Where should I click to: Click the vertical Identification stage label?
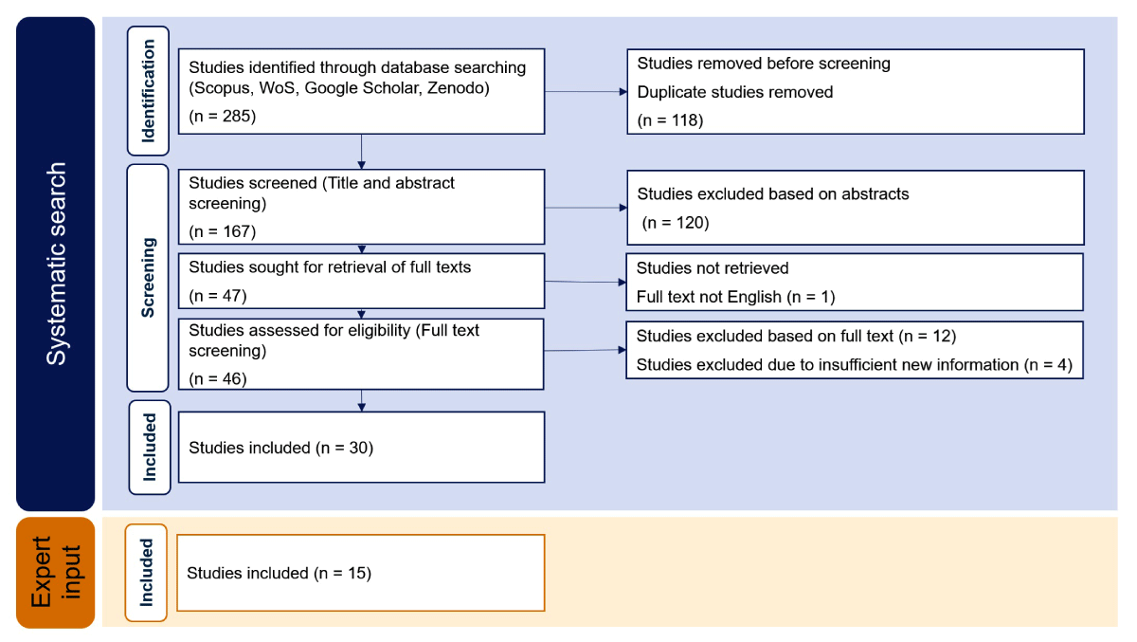[x=148, y=91]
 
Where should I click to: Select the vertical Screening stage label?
[x=148, y=277]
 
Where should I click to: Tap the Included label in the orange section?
[x=146, y=573]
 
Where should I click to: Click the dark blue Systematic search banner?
[x=55, y=264]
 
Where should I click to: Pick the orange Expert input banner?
[x=55, y=573]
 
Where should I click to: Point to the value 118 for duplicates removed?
[x=685, y=120]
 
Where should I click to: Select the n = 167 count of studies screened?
[x=223, y=231]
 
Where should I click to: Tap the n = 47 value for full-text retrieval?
[x=218, y=296]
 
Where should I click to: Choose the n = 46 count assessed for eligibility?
[x=218, y=379]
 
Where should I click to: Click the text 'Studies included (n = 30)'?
[x=281, y=448]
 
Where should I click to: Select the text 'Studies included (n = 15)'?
[x=280, y=574]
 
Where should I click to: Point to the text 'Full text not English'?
[x=709, y=297]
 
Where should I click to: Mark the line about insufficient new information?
[x=855, y=365]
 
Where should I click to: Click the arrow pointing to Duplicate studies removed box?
[x=586, y=92]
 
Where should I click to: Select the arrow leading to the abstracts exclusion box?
[x=586, y=208]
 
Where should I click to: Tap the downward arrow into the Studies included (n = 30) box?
[x=361, y=401]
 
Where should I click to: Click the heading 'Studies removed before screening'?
[x=764, y=64]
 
